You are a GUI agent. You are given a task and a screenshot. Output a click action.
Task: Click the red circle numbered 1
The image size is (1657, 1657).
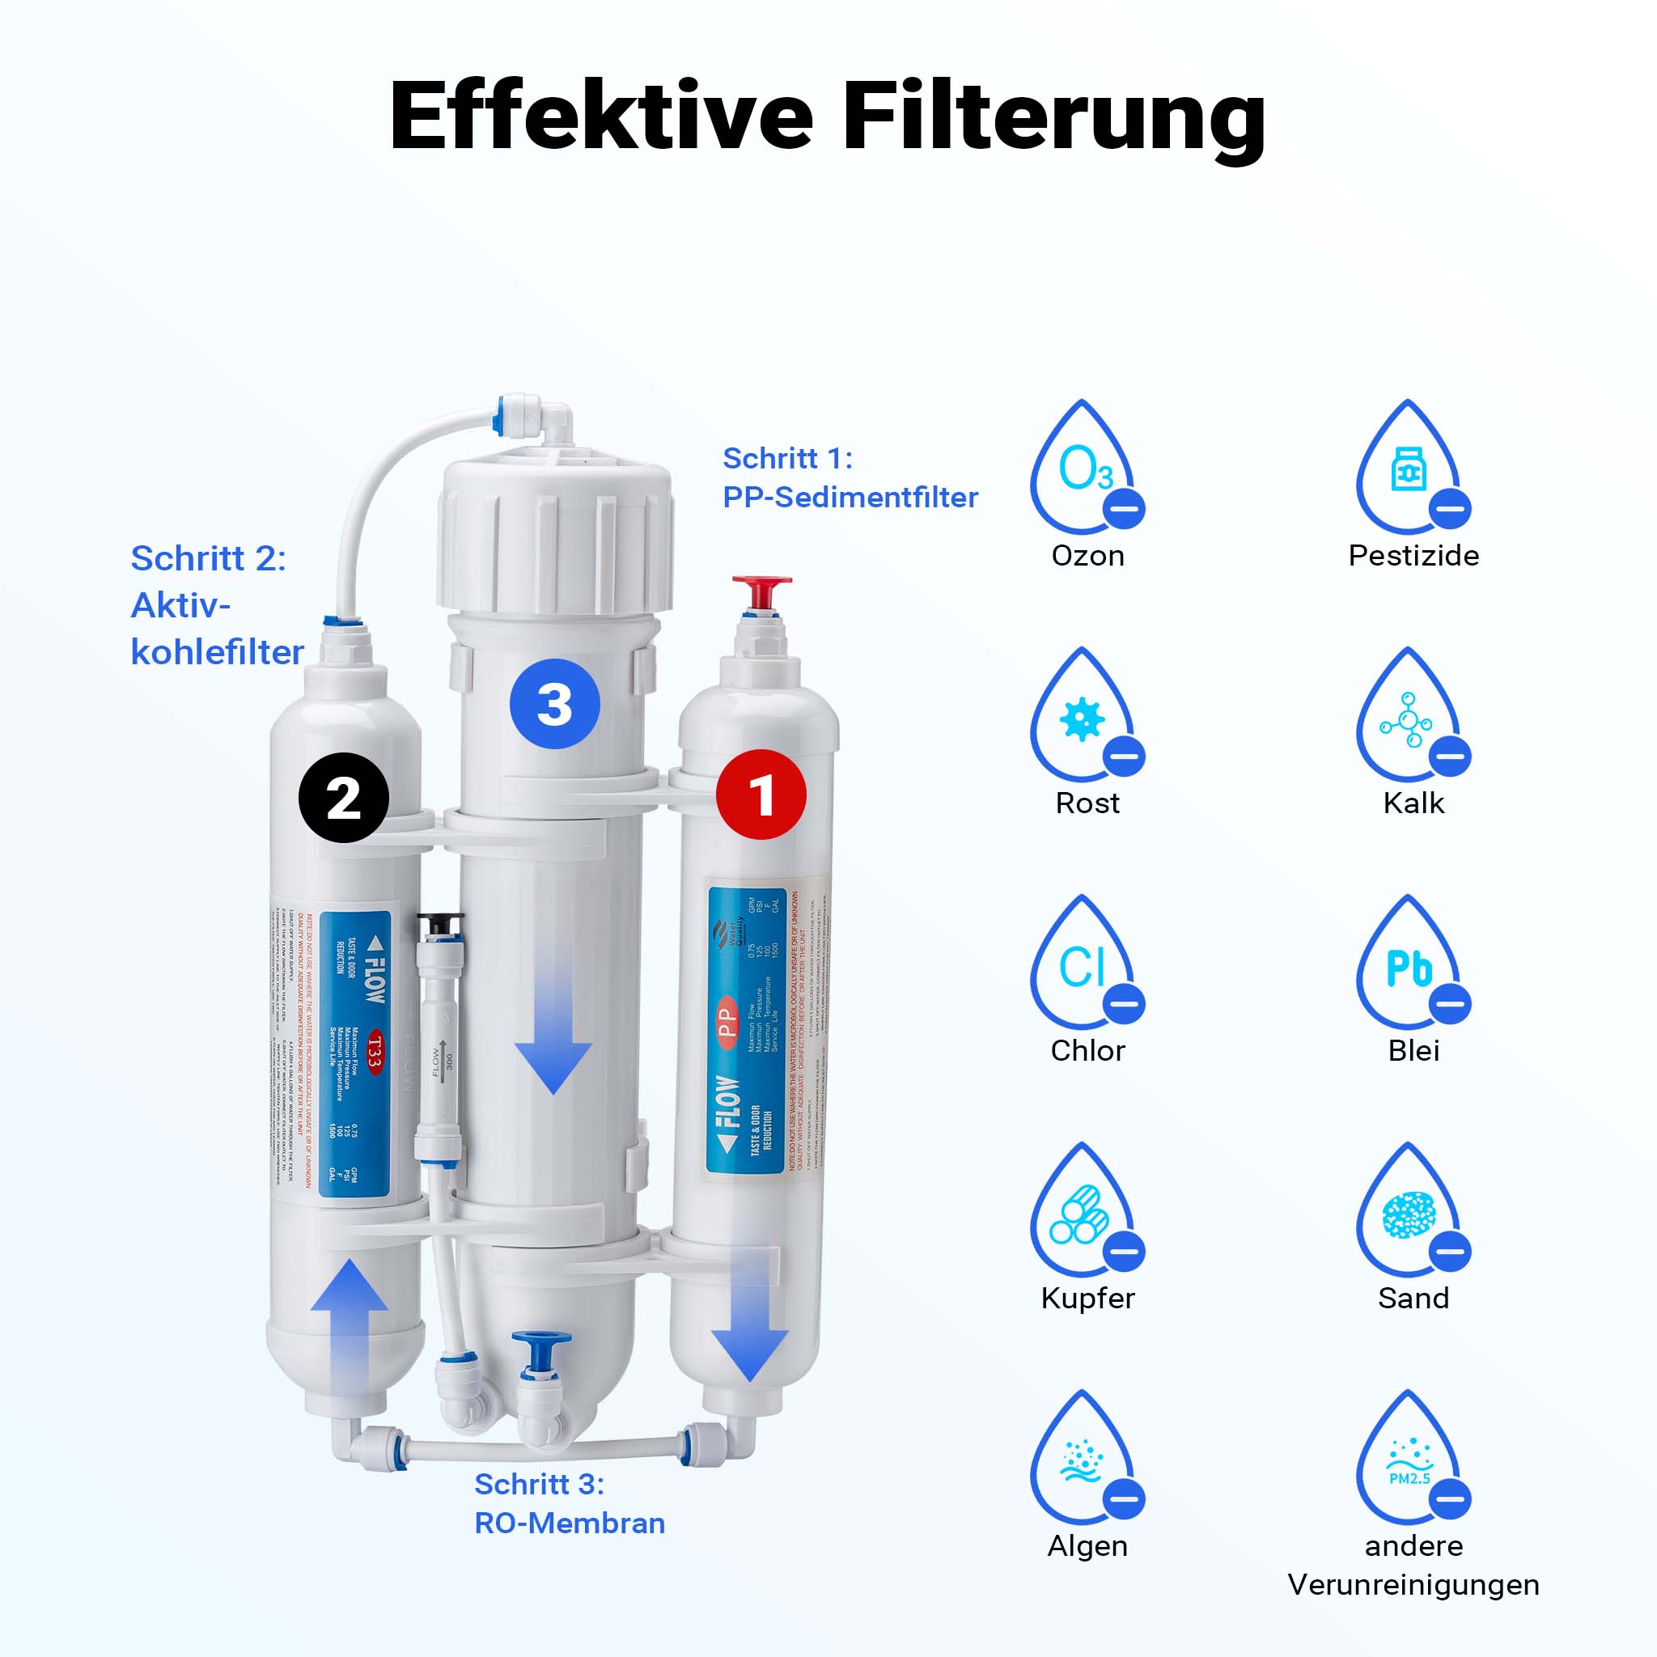coord(761,795)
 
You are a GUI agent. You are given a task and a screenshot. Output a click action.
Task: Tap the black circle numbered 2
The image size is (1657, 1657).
coord(343,798)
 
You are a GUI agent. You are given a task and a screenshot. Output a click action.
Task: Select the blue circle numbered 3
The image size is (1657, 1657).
coord(554,704)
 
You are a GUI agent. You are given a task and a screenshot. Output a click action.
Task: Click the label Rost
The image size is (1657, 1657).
coord(1087,803)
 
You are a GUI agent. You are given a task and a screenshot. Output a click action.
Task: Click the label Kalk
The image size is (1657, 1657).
coord(1413,803)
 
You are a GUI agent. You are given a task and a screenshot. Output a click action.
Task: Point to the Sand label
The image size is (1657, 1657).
coord(1413,1298)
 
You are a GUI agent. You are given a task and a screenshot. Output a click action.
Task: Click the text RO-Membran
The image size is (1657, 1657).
coord(570,1524)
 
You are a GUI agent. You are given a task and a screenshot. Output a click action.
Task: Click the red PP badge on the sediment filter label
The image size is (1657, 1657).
coord(727,1020)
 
